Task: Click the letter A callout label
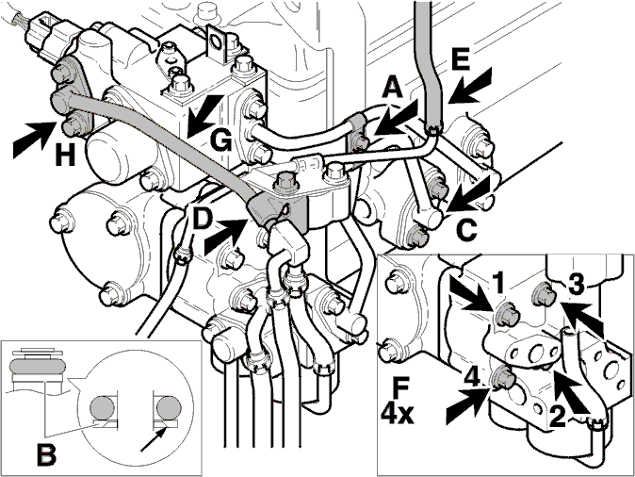pyautogui.click(x=393, y=89)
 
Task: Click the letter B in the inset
pyautogui.click(x=46, y=454)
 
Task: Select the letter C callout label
pyautogui.click(x=466, y=230)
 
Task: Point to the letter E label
pyautogui.click(x=461, y=60)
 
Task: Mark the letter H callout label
pyautogui.click(x=65, y=156)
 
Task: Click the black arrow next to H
pyautogui.click(x=35, y=140)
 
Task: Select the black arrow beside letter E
pyautogui.click(x=471, y=86)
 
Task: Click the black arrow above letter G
pyautogui.click(x=205, y=116)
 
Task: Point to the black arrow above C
pyautogui.click(x=471, y=196)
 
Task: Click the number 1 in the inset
pyautogui.click(x=499, y=283)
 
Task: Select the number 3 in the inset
pyautogui.click(x=575, y=285)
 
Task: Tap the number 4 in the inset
pyautogui.click(x=471, y=379)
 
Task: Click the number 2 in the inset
pyautogui.click(x=558, y=417)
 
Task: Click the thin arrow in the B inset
pyautogui.click(x=153, y=439)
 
